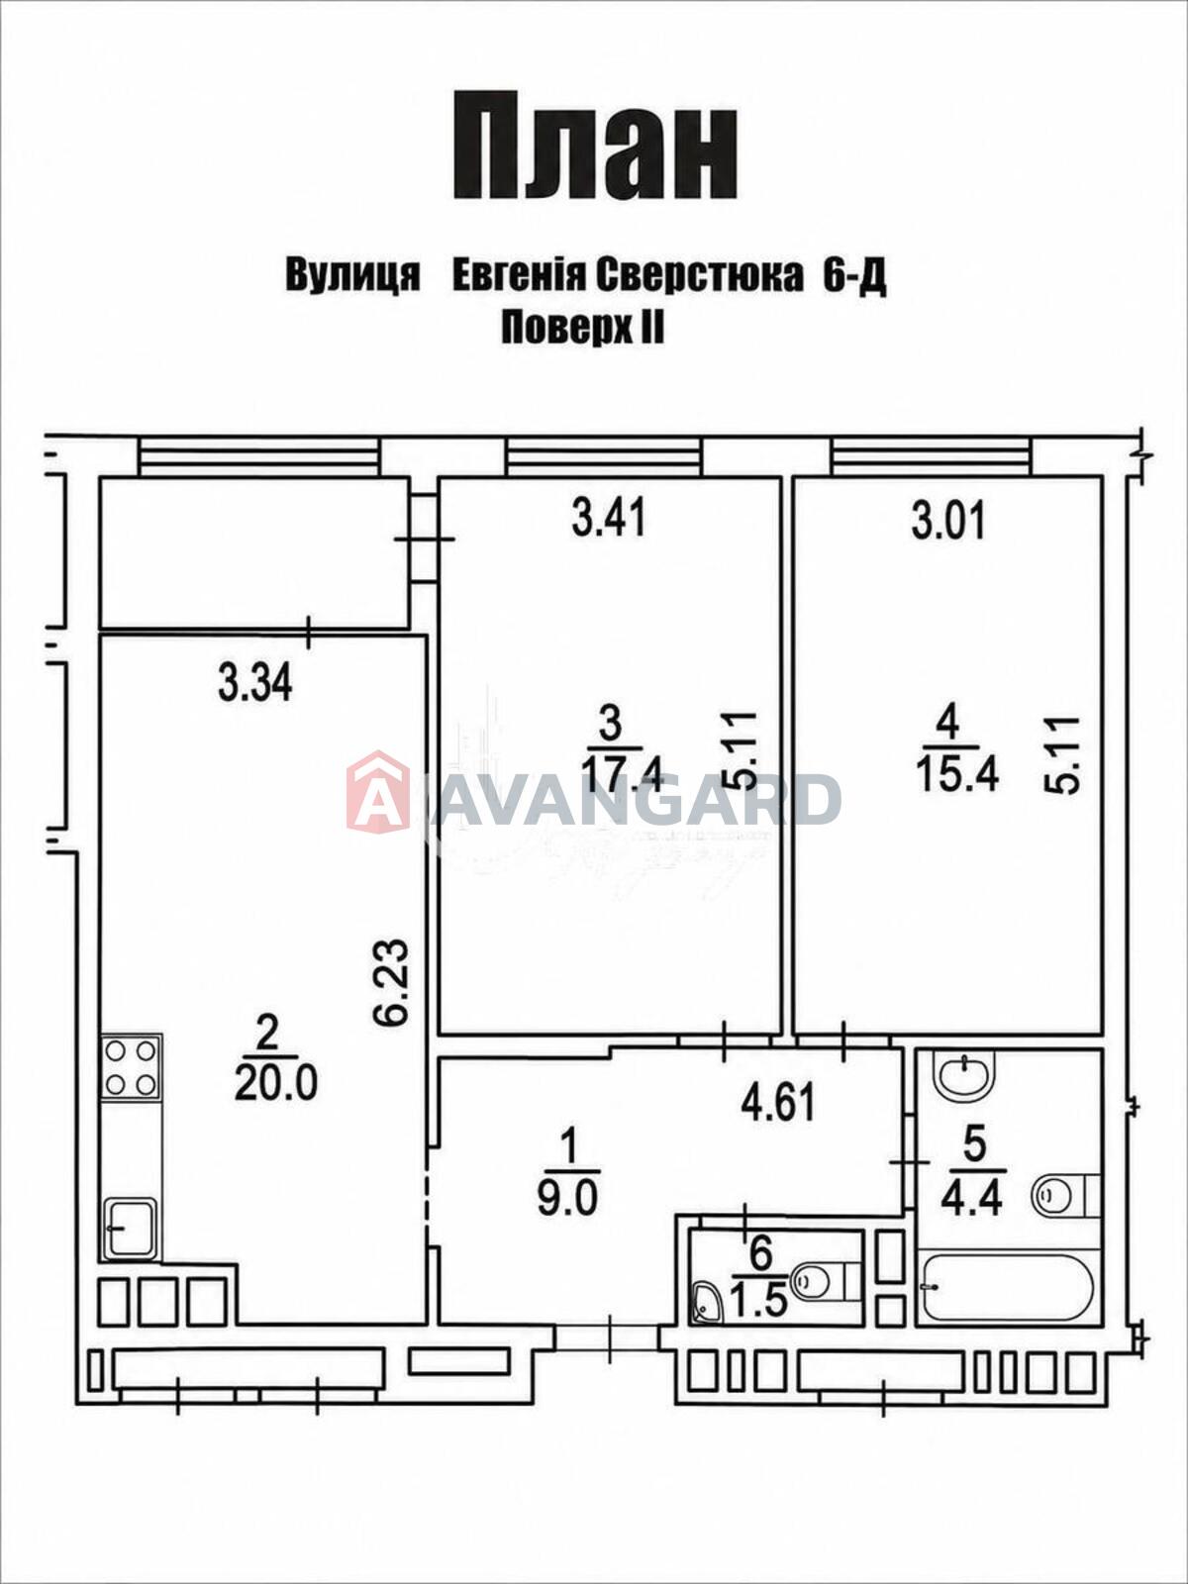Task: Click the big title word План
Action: point(596,147)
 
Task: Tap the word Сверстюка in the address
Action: point(700,277)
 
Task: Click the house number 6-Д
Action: point(854,277)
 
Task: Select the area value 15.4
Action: point(957,775)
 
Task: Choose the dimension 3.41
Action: point(609,520)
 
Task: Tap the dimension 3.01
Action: point(948,523)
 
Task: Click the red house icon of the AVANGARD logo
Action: point(377,792)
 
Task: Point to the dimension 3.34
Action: point(255,684)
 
